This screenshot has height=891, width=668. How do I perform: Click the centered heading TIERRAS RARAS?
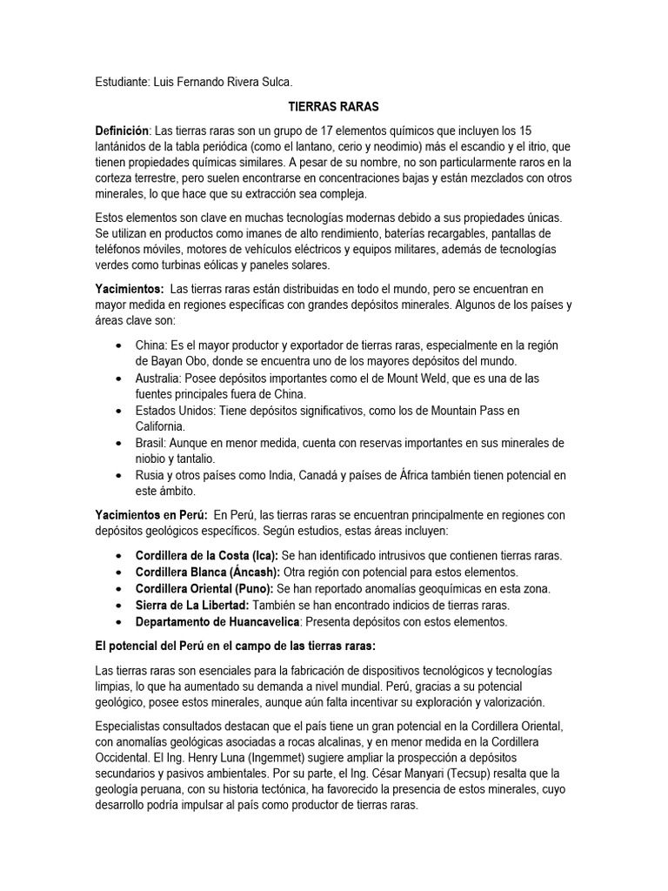click(x=333, y=106)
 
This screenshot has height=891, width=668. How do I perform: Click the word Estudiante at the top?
click(x=124, y=82)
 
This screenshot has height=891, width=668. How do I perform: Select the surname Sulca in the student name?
click(x=275, y=82)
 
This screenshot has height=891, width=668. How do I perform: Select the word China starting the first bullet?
click(x=151, y=346)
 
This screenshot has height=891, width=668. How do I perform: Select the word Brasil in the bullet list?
click(x=151, y=443)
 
